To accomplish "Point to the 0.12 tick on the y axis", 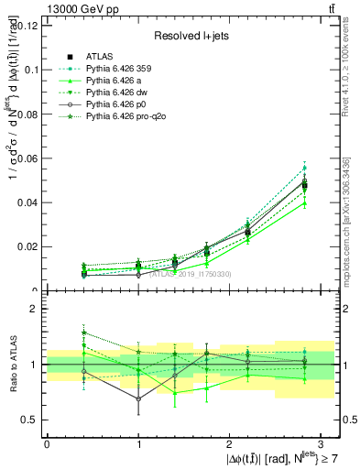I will pyautogui.click(x=27, y=25).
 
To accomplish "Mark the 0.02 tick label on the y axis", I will pyautogui.click(x=27, y=246).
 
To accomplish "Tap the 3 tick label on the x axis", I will pyautogui.click(x=321, y=443).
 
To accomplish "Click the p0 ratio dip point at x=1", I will pyautogui.click(x=138, y=399).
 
